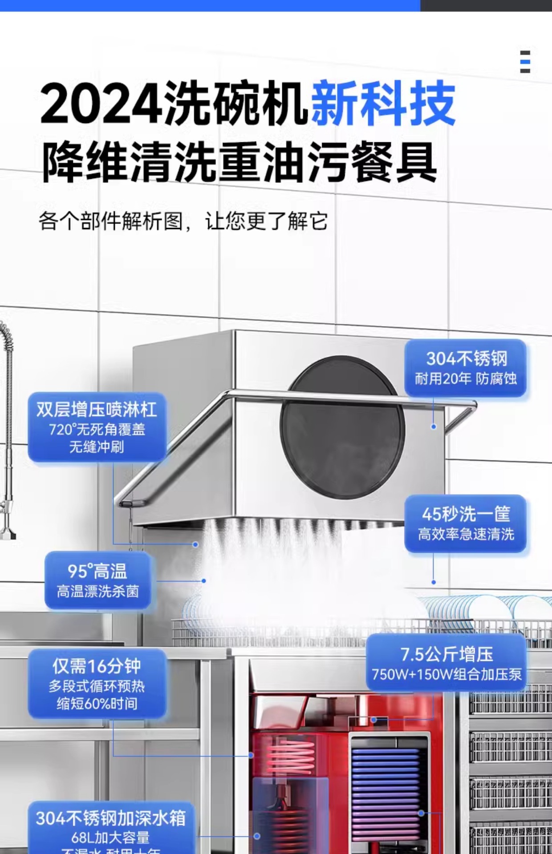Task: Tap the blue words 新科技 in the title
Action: [x=383, y=104]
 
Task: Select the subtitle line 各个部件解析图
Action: [x=110, y=221]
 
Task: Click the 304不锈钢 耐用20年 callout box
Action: [x=465, y=368]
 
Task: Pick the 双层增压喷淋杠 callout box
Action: [x=97, y=427]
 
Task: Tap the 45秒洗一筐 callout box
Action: [x=465, y=523]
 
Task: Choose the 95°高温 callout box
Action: [x=97, y=580]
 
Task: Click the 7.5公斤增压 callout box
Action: [x=446, y=663]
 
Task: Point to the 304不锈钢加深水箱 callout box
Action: [x=111, y=827]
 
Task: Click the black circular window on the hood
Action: [x=342, y=427]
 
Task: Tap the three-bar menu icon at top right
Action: [x=525, y=61]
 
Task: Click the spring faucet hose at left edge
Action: [x=7, y=400]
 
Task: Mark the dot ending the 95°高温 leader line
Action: [x=204, y=580]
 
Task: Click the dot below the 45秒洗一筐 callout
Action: [x=434, y=582]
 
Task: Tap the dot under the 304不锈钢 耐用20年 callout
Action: [x=434, y=427]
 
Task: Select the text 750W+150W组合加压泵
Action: [x=446, y=674]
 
